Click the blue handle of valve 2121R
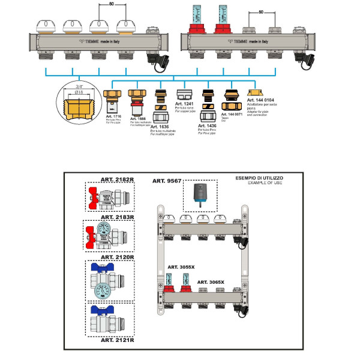(98, 311)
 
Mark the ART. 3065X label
(212, 281)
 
